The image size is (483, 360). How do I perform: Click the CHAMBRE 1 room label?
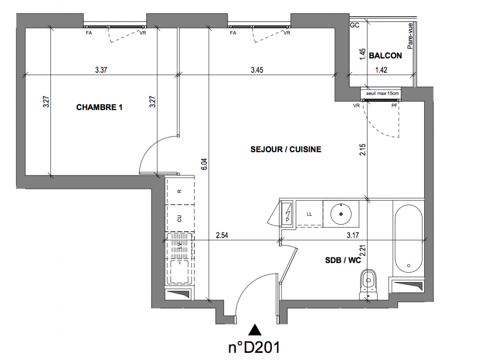pos(99,107)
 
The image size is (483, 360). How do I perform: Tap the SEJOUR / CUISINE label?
pos(286,149)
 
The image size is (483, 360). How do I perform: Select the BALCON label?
pos(385,56)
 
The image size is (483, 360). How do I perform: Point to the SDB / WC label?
pos(343,261)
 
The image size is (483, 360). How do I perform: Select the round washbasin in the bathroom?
pos(341,214)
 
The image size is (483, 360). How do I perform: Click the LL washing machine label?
pos(309,214)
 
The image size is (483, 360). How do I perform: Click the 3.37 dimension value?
pos(101,70)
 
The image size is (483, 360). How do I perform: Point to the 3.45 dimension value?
pos(257,70)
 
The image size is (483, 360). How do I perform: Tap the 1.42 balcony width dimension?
pos(381,70)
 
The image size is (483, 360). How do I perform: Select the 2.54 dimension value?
pos(222,235)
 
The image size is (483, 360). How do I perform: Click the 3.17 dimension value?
pos(353,235)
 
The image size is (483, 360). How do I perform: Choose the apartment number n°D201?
pos(255,348)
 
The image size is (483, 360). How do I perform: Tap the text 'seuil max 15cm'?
pos(382,93)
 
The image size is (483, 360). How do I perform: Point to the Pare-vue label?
pos(410,36)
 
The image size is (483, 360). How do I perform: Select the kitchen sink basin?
pos(179,271)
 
